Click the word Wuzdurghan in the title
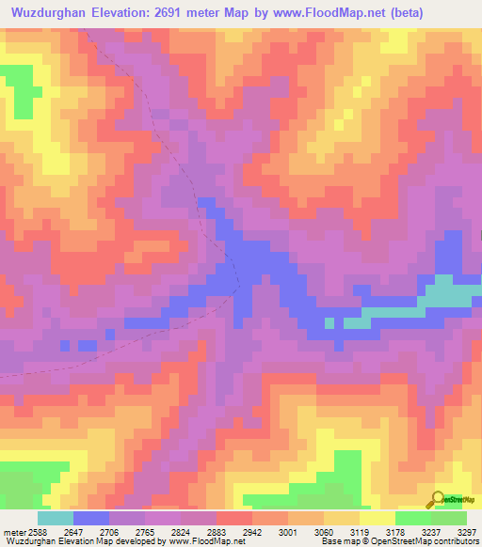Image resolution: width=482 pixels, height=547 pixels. tap(48, 13)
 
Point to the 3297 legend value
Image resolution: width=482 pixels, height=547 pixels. tap(467, 533)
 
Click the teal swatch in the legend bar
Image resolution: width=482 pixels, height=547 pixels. tap(56, 518)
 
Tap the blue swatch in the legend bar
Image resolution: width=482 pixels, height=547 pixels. tap(91, 518)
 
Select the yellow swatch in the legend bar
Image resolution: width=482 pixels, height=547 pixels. tap(378, 518)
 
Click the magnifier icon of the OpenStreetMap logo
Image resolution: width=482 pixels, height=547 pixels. tap(436, 498)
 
